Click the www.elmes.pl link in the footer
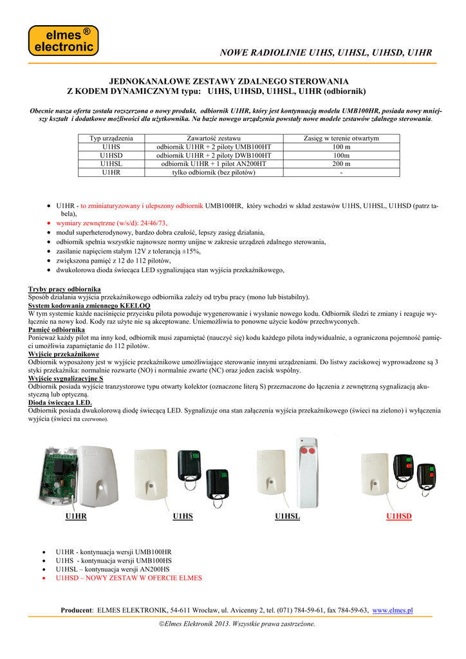pyautogui.click(x=393, y=610)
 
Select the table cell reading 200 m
pyautogui.click(x=340, y=164)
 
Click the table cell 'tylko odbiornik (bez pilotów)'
pyautogui.click(x=214, y=172)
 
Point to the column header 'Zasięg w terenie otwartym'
pyautogui.click(x=340, y=138)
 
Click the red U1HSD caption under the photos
pyautogui.click(x=398, y=517)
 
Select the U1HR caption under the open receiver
pyautogui.click(x=76, y=517)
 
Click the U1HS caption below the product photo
pyautogui.click(x=183, y=517)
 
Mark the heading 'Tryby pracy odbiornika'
pyautogui.click(x=64, y=290)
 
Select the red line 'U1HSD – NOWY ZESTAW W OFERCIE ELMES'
pyautogui.click(x=129, y=578)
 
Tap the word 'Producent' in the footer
pyautogui.click(x=77, y=610)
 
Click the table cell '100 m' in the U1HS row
pyautogui.click(x=340, y=147)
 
